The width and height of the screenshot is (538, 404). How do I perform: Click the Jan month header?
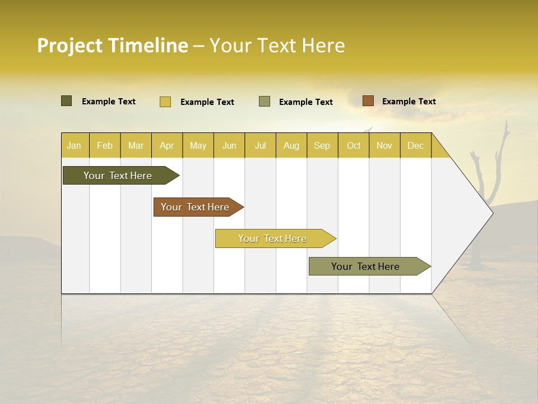coord(75,145)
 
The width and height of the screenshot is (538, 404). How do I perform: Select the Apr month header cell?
coord(167,145)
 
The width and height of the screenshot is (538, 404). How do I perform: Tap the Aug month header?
coord(291,145)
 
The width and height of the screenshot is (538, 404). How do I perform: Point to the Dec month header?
coord(415,145)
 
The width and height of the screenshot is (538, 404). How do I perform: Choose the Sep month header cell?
coord(322,145)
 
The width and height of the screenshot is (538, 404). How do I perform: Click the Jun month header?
coord(229,145)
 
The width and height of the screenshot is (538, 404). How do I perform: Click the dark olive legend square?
coord(67,101)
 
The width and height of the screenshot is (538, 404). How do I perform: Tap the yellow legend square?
coord(165,102)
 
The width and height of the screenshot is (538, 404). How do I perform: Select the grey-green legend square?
coord(265,102)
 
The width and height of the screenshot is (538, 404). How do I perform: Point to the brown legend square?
coord(368,101)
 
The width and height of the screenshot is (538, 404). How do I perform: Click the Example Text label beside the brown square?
coord(409,101)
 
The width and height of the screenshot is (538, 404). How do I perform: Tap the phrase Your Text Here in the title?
coord(277,45)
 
